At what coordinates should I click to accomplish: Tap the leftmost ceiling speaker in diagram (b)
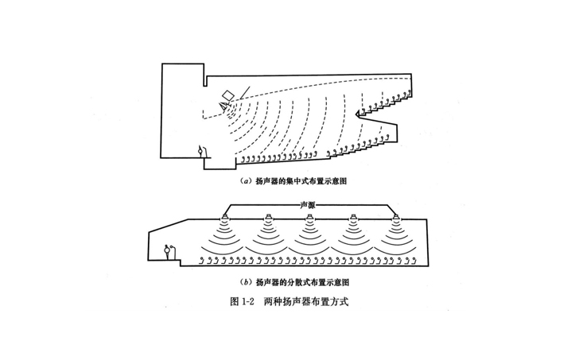pyautogui.click(x=226, y=218)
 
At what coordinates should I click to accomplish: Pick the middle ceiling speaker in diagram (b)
pyautogui.click(x=309, y=218)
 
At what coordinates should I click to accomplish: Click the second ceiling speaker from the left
pyautogui.click(x=268, y=218)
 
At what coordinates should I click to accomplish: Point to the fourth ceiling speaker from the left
pyautogui.click(x=352, y=218)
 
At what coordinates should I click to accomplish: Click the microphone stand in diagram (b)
pyautogui.click(x=168, y=250)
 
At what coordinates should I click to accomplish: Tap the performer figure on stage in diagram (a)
pyautogui.click(x=201, y=150)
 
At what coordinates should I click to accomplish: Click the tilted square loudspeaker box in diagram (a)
pyautogui.click(x=227, y=97)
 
